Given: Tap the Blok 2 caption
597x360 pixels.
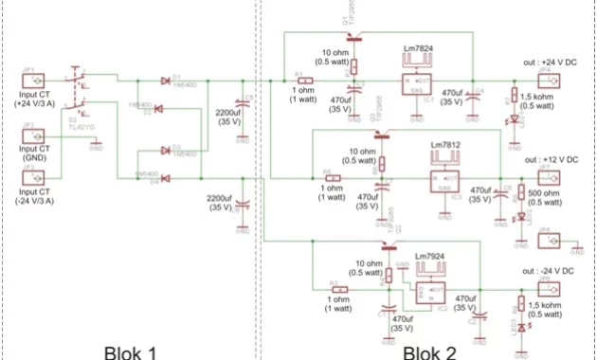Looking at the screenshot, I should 429,351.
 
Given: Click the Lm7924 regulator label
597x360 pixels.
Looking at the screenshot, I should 432,256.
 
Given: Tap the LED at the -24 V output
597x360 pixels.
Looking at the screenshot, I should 514,327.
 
